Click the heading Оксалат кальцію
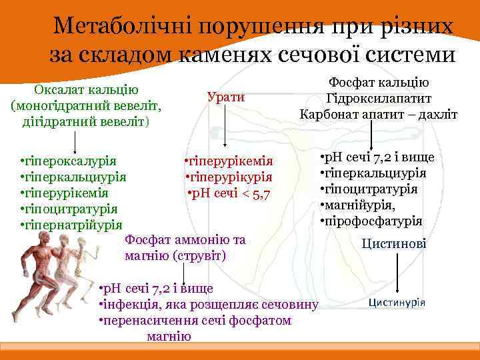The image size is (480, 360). [x=87, y=90]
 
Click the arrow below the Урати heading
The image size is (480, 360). [x=226, y=127]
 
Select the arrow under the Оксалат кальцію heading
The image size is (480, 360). [x=74, y=141]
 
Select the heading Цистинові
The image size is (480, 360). [x=393, y=244]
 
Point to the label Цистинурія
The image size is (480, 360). [x=397, y=302]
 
